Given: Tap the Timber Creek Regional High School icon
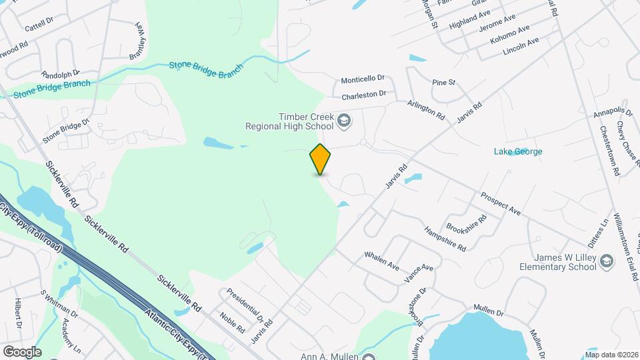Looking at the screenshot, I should (x=344, y=121).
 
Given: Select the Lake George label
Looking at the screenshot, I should (x=518, y=151).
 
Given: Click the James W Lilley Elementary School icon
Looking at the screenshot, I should (x=606, y=260).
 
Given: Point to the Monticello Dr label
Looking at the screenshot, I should (x=363, y=79).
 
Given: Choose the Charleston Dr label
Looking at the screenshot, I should (x=364, y=95).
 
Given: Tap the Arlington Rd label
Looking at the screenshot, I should (x=427, y=109).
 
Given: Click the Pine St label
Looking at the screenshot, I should (x=443, y=83).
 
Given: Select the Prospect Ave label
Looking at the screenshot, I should (x=500, y=204).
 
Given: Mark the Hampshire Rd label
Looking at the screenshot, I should (x=445, y=238).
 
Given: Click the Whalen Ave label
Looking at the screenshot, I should (x=381, y=261).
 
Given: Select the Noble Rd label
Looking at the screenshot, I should (x=233, y=324).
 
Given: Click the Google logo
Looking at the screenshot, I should (x=22, y=351).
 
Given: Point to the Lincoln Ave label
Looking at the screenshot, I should (x=521, y=45).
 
